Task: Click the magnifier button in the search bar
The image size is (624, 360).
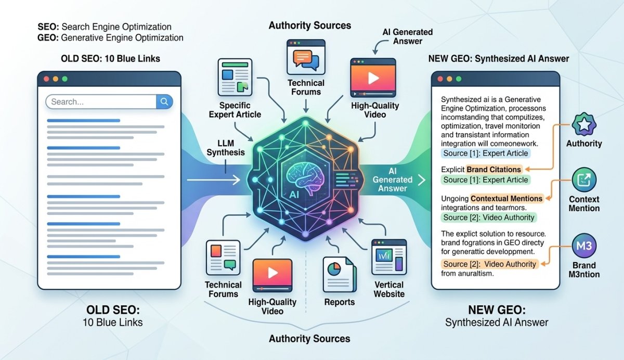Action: (x=164, y=101)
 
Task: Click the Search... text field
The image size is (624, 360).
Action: (x=101, y=101)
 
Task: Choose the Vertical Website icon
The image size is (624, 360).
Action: (x=388, y=258)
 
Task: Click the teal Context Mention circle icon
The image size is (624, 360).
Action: (x=584, y=180)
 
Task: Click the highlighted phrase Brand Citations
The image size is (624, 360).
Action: (x=494, y=169)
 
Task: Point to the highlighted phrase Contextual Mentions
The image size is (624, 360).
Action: (x=507, y=198)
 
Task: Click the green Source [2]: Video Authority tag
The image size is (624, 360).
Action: (x=488, y=217)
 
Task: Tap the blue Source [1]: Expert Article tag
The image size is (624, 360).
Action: (x=485, y=153)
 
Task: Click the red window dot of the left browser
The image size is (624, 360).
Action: (x=46, y=79)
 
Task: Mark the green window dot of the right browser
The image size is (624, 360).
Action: (x=459, y=79)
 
